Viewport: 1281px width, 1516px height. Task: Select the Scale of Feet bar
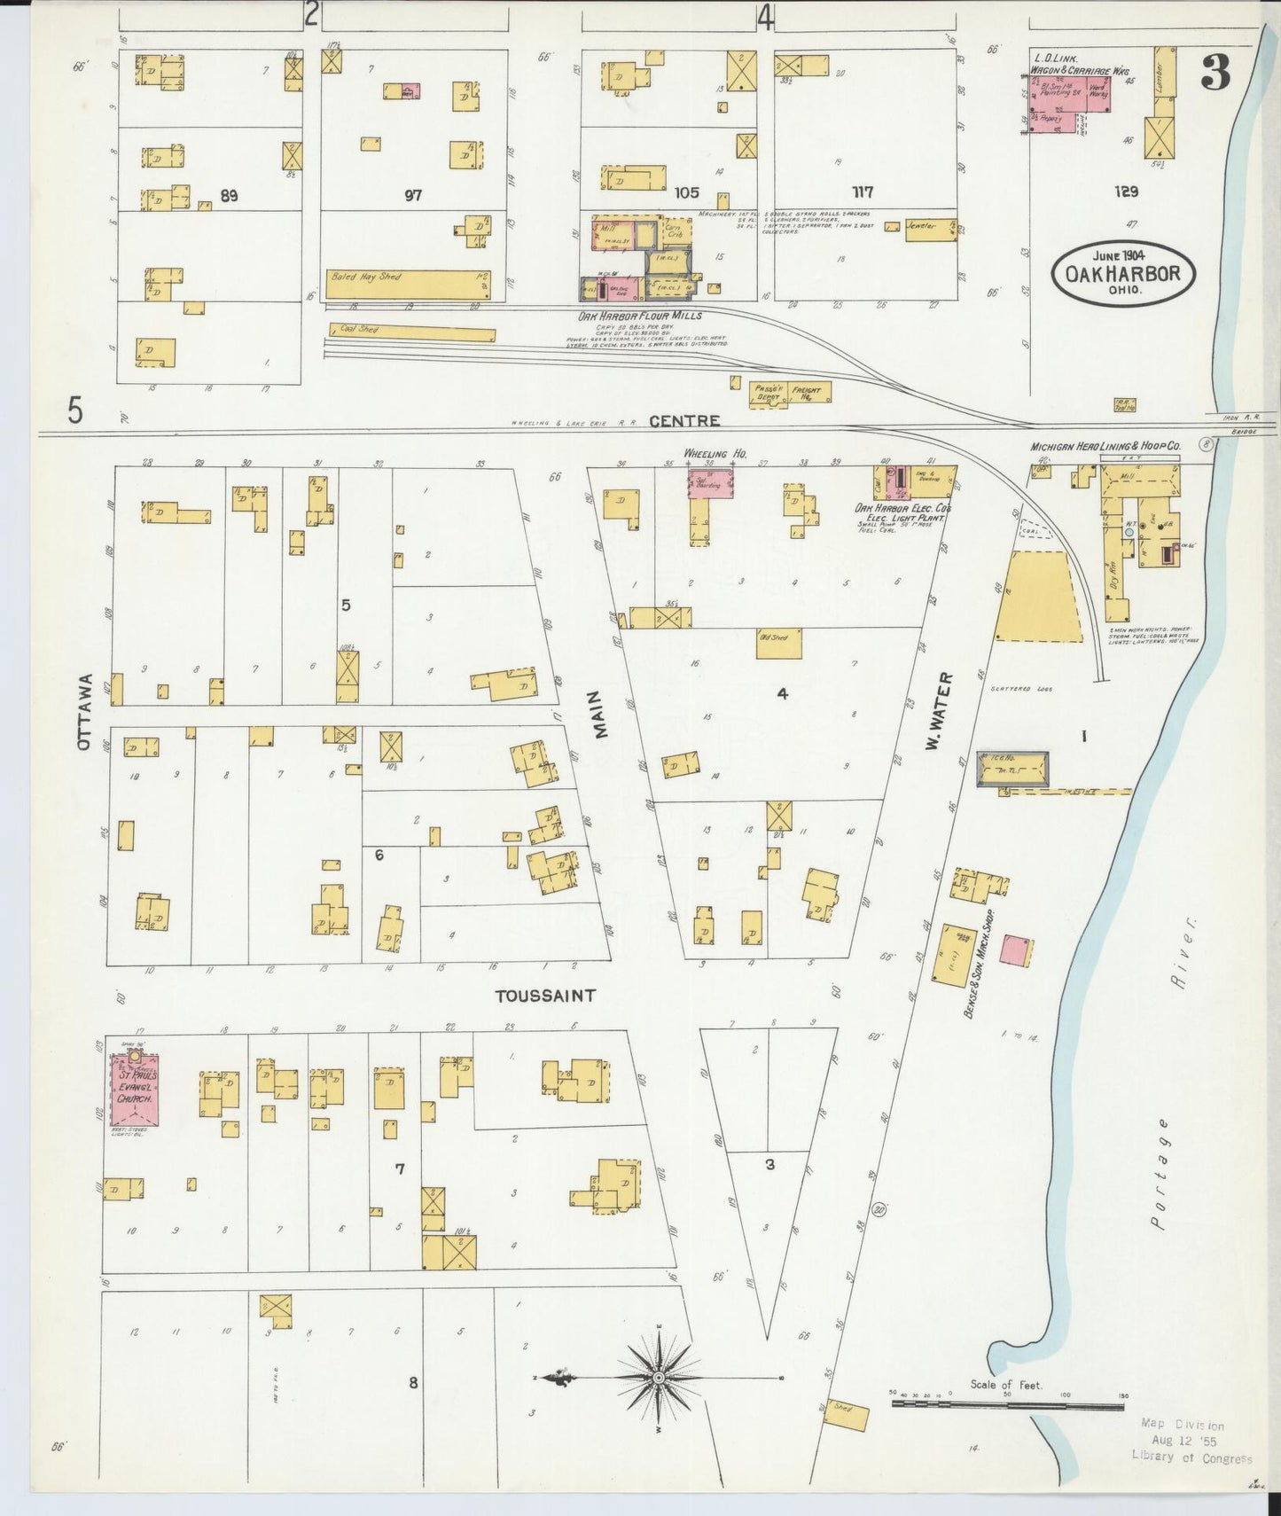tap(1007, 1405)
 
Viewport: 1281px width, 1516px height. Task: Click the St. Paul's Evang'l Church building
tap(134, 1090)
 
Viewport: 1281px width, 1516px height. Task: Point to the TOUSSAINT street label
tap(544, 996)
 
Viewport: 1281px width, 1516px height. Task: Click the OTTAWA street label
tap(84, 711)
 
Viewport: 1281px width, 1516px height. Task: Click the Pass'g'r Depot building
tap(768, 393)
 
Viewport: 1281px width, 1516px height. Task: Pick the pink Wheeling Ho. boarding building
tap(711, 483)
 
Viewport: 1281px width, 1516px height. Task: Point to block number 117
tap(862, 192)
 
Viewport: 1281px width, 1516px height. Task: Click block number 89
tap(229, 196)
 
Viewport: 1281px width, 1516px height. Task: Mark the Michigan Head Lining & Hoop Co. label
tap(1105, 448)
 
